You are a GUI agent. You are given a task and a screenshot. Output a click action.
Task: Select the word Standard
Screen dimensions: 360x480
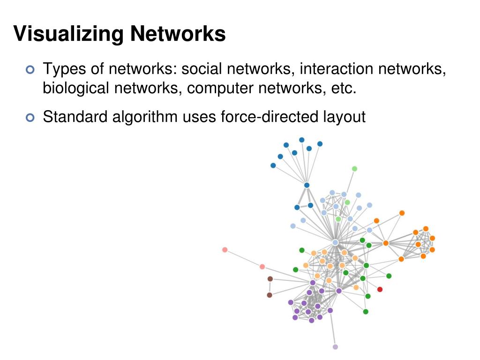tap(75, 117)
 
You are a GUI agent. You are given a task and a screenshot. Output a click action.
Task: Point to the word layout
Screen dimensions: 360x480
tap(342, 117)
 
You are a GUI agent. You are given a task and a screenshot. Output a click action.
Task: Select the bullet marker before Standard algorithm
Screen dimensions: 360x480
tap(30, 118)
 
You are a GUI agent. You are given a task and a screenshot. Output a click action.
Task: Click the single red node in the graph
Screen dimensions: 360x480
tap(380, 289)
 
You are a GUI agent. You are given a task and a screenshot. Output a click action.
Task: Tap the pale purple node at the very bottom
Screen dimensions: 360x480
tap(335, 347)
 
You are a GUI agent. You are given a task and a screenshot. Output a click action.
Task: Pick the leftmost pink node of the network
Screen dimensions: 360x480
tap(225, 250)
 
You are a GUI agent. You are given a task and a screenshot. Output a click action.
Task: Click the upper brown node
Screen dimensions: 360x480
tap(270, 279)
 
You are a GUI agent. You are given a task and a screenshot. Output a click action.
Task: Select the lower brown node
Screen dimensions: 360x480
tap(270, 295)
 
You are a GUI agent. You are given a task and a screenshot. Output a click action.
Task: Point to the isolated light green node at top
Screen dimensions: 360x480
tap(354, 169)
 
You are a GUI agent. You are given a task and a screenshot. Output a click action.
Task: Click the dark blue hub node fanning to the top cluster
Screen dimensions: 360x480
tap(307, 185)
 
